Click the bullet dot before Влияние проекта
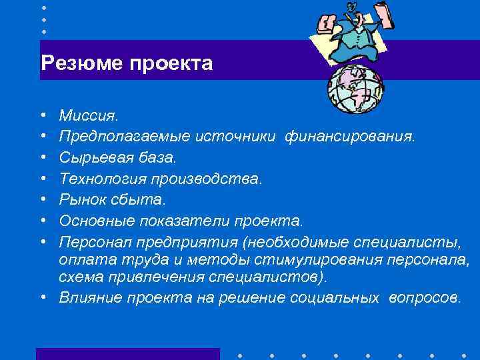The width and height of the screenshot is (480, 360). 43,297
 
